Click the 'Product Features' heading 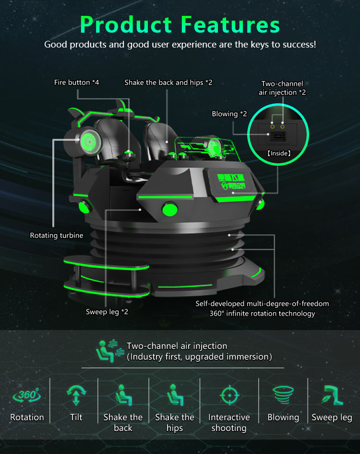point(180,24)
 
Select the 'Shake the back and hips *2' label point(168,83)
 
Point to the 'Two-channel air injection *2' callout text point(282,88)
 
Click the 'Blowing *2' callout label point(229,114)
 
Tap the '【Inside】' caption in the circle point(279,154)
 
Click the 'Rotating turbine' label point(57,235)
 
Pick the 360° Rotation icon point(26,395)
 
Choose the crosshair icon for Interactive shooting point(229,395)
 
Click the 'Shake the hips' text point(175,423)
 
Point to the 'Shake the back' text point(123,423)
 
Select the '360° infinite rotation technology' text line point(256,314)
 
